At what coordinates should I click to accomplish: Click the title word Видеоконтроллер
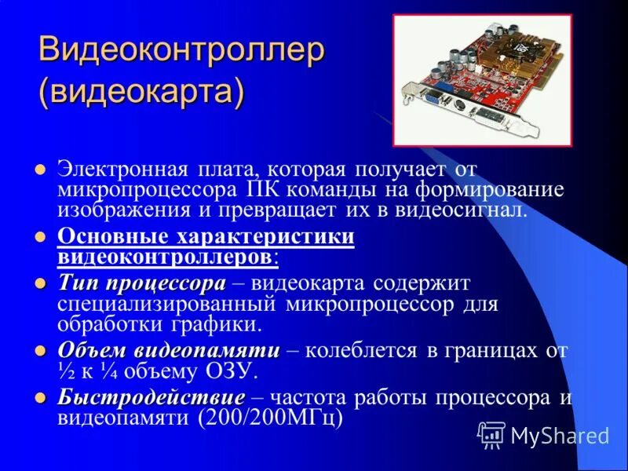tap(181, 52)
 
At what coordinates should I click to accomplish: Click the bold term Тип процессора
tap(141, 283)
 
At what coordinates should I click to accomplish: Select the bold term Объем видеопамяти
tap(168, 350)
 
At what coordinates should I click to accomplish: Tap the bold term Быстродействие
tap(151, 398)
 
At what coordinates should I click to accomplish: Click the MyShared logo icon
tap(491, 433)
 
